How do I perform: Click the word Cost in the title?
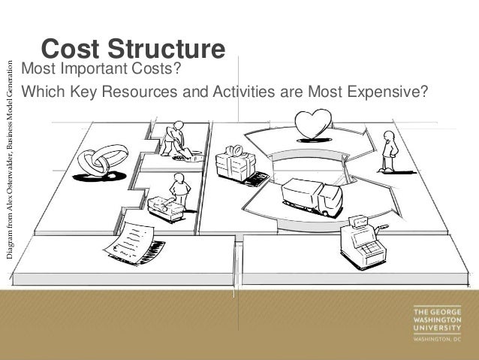coord(69,50)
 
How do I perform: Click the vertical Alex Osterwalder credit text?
coord(9,159)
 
